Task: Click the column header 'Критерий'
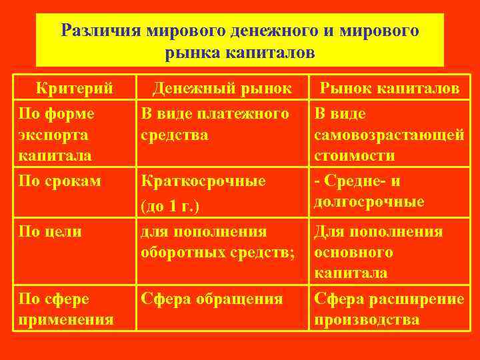74,88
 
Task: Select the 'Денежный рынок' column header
222,88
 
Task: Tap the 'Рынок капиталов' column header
389,88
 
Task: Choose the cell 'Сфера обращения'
211,299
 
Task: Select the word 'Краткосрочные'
203,181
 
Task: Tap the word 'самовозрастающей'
389,135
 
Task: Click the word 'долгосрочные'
369,201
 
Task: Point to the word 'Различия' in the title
100,31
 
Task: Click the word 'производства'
367,319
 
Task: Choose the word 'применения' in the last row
66,319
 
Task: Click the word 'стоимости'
355,155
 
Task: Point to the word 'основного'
353,253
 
